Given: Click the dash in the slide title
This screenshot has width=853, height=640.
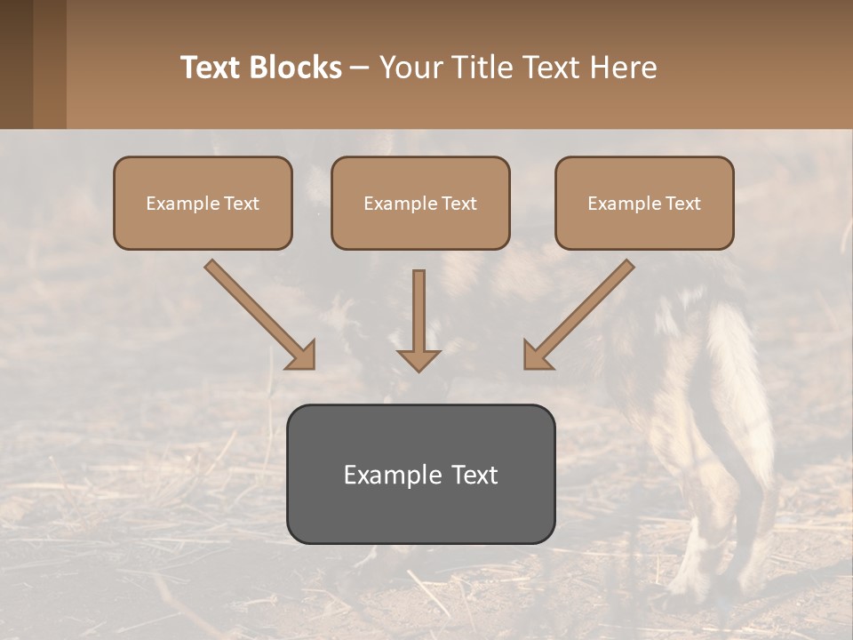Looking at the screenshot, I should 360,68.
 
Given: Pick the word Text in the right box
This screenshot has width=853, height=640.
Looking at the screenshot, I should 682,204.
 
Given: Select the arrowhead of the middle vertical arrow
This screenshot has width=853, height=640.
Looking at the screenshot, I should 419,359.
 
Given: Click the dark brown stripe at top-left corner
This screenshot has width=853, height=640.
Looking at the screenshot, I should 16,64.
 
